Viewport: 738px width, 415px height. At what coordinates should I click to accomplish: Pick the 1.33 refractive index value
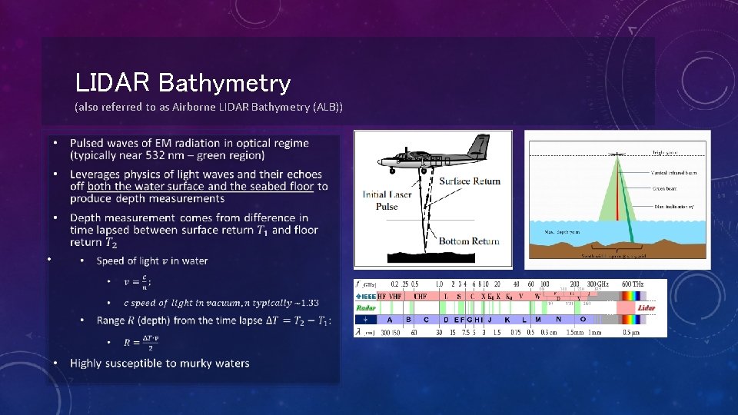point(311,303)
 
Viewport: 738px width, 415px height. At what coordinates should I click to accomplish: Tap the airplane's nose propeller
point(380,161)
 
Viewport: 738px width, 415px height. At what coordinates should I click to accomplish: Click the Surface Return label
point(469,181)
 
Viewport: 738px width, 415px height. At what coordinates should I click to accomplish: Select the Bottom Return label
point(469,241)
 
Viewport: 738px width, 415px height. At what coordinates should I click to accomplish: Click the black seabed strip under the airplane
point(430,251)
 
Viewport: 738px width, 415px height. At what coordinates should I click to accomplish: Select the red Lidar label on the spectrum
point(647,307)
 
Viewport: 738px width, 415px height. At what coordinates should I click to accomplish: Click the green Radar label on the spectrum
point(365,307)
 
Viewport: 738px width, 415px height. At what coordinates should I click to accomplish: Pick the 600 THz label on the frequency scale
point(633,284)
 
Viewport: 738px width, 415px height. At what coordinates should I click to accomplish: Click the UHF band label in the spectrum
point(421,296)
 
